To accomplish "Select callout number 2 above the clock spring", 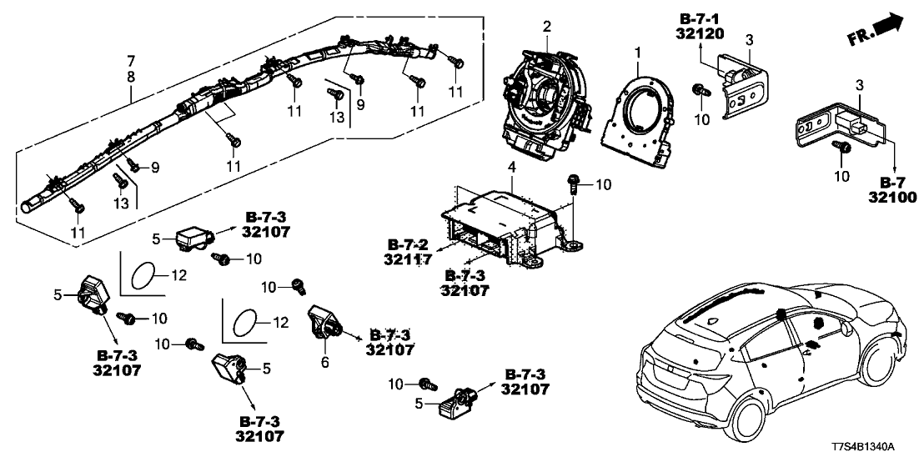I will pyautogui.click(x=546, y=27).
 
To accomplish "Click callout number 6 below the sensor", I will pyautogui.click(x=326, y=363).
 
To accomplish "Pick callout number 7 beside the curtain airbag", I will pyautogui.click(x=130, y=62).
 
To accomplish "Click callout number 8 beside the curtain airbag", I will pyautogui.click(x=130, y=77).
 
